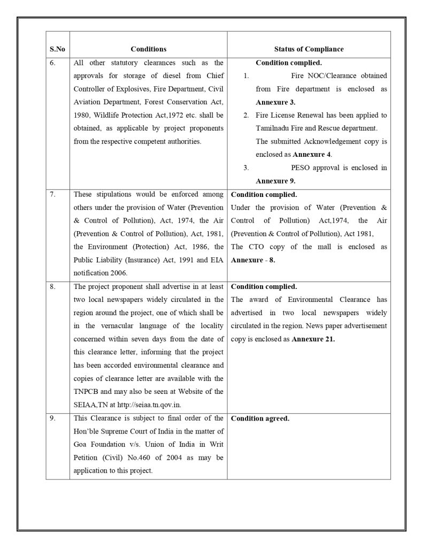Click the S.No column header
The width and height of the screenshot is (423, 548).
[57, 49]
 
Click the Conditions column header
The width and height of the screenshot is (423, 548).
[148, 49]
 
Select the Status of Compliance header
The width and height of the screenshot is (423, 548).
[309, 49]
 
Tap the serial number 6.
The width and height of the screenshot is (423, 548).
[52, 63]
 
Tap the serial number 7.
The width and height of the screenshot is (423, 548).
[52, 194]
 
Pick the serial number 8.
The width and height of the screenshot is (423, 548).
[52, 287]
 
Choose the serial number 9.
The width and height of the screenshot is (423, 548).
[52, 418]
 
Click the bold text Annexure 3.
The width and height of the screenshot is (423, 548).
[275, 102]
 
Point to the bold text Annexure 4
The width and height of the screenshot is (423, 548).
[312, 155]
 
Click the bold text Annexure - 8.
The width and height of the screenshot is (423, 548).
[253, 260]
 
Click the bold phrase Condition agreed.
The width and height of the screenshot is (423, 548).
[260, 418]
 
